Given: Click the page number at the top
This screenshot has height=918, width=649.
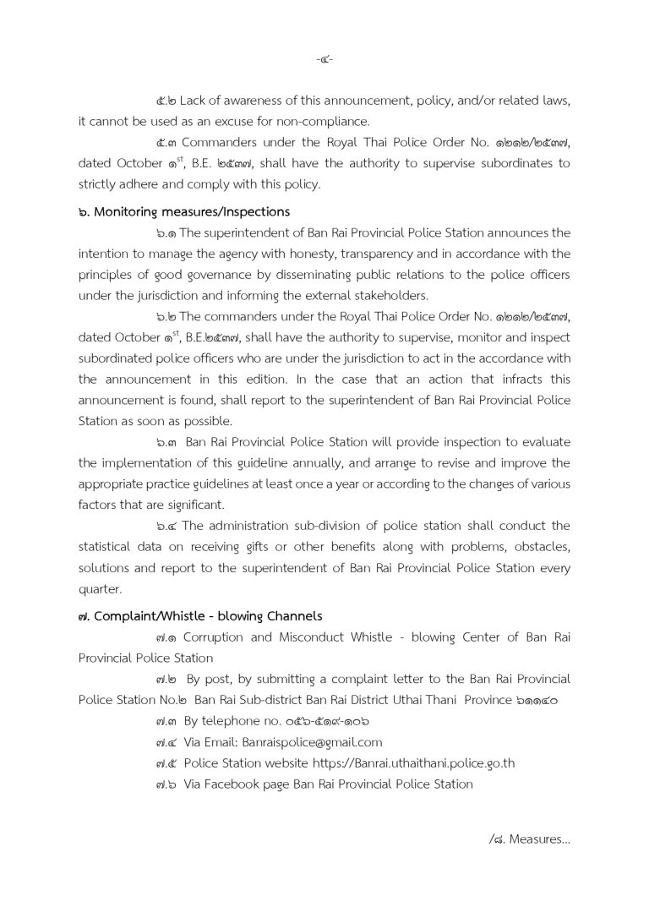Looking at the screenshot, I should (x=324, y=60).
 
